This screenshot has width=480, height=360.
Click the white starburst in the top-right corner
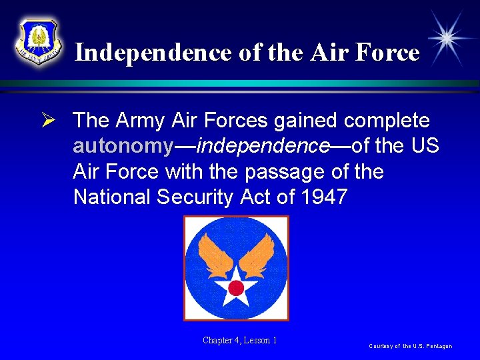pyautogui.click(x=449, y=37)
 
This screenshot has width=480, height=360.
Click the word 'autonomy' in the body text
pyautogui.click(x=123, y=146)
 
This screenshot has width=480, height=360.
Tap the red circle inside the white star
pyautogui.click(x=236, y=287)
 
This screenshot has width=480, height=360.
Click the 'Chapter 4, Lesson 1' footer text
pyautogui.click(x=240, y=341)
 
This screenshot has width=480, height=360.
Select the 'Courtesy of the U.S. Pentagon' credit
pyautogui.click(x=411, y=346)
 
